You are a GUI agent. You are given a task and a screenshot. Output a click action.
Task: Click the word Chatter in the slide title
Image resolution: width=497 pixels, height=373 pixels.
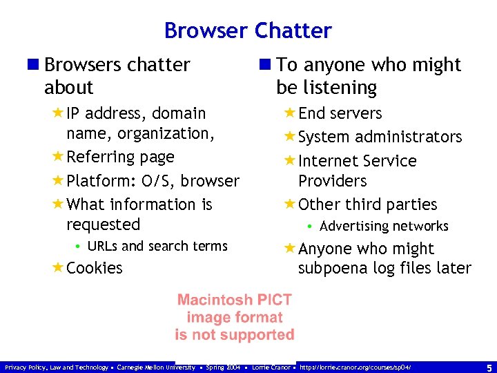coord(293,31)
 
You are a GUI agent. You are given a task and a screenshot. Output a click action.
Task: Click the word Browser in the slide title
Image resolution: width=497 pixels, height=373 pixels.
coord(206,31)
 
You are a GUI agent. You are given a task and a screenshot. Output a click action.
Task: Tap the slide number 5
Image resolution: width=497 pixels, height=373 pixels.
coord(489,367)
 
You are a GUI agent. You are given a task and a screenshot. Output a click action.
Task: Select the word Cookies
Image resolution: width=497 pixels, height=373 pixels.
coord(95,268)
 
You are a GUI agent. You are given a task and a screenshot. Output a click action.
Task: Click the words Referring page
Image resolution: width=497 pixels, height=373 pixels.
coord(120,157)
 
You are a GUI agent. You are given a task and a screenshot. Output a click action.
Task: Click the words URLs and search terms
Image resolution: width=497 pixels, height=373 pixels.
coord(158,246)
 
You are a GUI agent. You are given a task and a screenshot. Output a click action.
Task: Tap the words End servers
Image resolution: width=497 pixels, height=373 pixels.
coord(340,113)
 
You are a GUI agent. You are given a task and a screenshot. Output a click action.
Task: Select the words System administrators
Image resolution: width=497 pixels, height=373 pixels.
coord(380,137)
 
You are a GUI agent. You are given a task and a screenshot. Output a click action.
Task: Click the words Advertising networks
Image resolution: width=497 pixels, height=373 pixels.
coord(384,226)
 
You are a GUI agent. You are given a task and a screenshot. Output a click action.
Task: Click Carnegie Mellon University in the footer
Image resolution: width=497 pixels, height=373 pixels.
coord(156,367)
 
